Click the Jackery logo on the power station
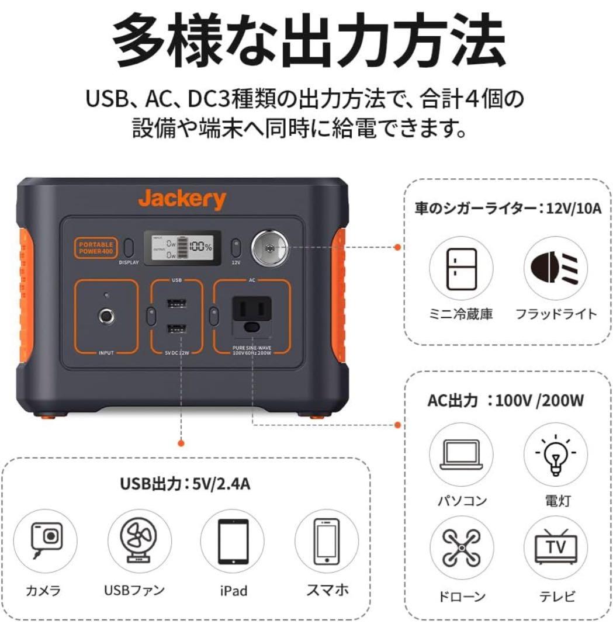click(182, 199)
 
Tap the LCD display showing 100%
click(183, 247)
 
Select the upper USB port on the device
click(176, 304)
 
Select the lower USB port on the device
click(176, 330)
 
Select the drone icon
click(461, 547)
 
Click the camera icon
click(46, 538)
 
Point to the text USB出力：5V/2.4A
click(186, 484)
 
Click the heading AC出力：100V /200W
click(506, 401)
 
